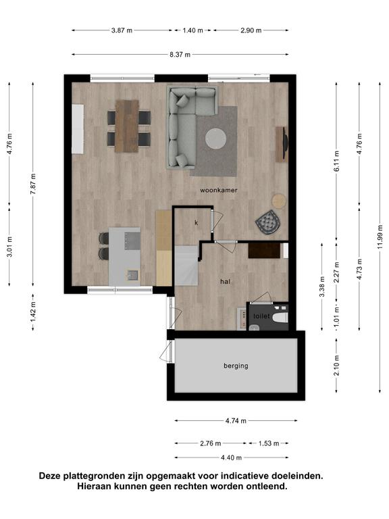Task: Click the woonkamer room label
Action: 219,191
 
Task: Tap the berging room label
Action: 236,366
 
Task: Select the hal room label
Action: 226,282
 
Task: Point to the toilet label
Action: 261,316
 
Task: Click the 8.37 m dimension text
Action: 180,55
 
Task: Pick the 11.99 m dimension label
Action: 380,237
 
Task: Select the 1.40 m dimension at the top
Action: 193,30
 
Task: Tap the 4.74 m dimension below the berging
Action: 236,421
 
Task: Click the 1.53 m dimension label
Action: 269,443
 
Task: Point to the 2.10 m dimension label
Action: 337,366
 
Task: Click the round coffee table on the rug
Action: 215,139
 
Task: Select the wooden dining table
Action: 127,126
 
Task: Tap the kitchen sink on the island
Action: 133,275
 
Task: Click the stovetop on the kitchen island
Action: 132,241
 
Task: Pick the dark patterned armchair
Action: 268,222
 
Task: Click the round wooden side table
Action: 279,201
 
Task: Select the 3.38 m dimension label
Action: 322,287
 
